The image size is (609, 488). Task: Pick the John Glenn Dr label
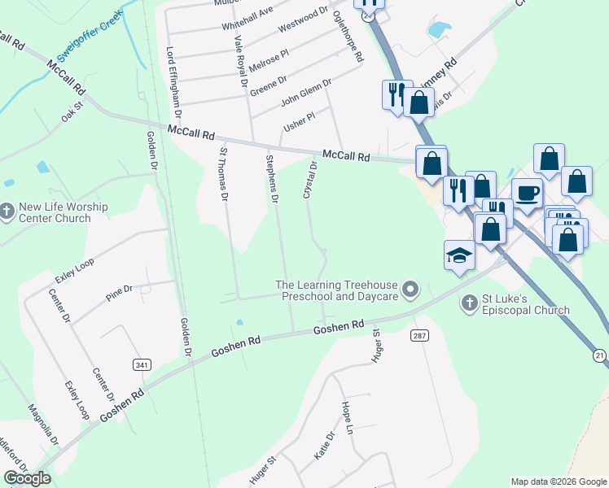(x=307, y=93)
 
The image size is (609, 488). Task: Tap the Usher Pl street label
(x=299, y=123)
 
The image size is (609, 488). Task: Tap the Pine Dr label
(x=119, y=292)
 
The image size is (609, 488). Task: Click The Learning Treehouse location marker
(x=411, y=290)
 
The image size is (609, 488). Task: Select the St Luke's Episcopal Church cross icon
(x=468, y=303)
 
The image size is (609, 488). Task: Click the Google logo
(x=27, y=478)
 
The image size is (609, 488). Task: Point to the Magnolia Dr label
(x=43, y=425)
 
